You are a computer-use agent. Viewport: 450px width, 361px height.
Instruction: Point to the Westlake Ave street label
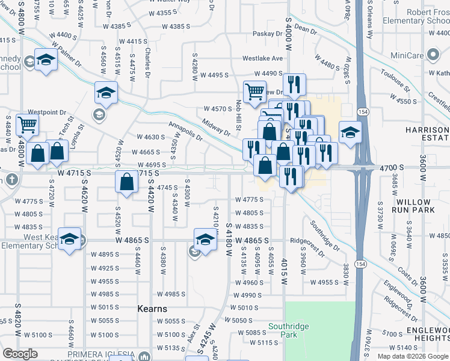pyautogui.click(x=262, y=59)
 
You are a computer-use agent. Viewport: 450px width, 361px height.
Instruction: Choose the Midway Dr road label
pyautogui.click(x=217, y=127)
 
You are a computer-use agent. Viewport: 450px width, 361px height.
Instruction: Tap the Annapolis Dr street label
pyautogui.click(x=185, y=131)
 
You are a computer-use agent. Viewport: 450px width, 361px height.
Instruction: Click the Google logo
pyautogui.click(x=20, y=353)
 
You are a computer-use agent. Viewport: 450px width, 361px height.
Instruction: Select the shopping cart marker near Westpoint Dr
pyautogui.click(x=28, y=125)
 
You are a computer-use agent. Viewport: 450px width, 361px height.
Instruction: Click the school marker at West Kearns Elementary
pyautogui.click(x=70, y=239)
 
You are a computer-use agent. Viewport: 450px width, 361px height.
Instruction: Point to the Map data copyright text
pyautogui.click(x=412, y=356)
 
